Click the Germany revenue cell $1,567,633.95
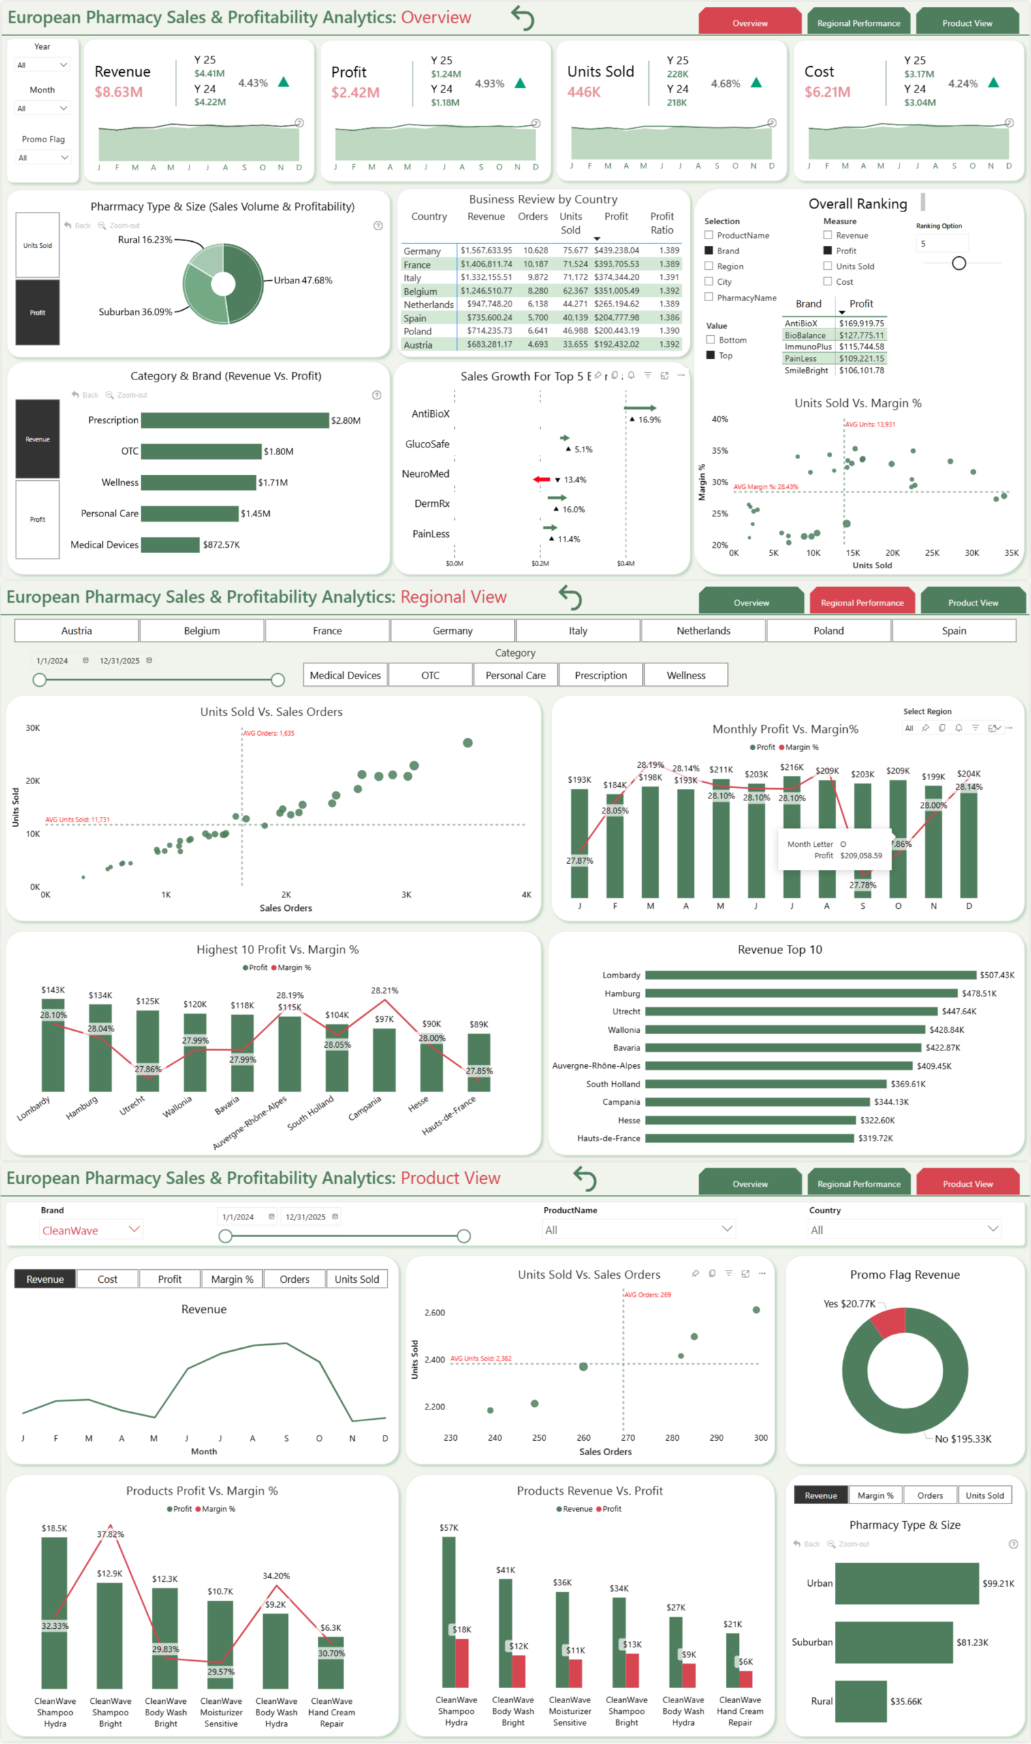[x=486, y=250]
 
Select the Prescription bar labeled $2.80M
[x=234, y=420]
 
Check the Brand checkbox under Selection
[x=709, y=251]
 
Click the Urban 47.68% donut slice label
[x=303, y=281]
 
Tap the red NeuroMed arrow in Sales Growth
[x=541, y=480]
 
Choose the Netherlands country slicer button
[x=703, y=631]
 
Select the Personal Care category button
[x=515, y=675]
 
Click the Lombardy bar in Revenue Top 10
[x=810, y=976]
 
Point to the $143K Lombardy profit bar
[x=53, y=1046]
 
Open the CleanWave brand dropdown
[x=91, y=1230]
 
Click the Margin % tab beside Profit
[x=232, y=1279]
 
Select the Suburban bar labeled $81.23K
[x=893, y=1642]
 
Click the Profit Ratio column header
[x=661, y=223]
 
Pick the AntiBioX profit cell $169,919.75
[x=861, y=323]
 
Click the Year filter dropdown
[x=42, y=65]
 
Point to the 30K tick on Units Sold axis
[x=33, y=728]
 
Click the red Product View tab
[x=967, y=1184]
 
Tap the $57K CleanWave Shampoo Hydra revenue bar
[x=449, y=1612]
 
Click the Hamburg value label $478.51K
[x=978, y=993]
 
